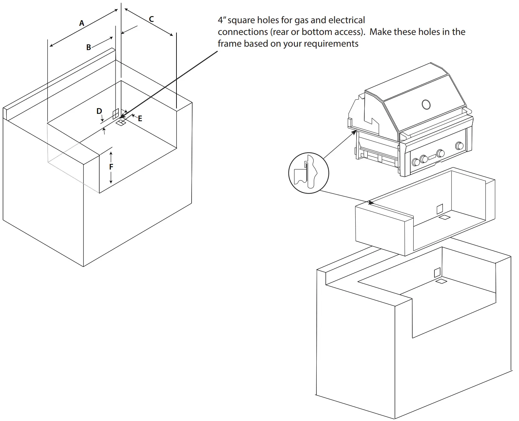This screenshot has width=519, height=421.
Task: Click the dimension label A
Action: point(82,23)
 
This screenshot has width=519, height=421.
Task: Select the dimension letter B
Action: point(89,47)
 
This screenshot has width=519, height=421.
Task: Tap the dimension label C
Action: point(151,19)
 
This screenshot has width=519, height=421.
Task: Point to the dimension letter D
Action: point(99,111)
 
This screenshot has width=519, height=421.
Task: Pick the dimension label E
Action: point(140,119)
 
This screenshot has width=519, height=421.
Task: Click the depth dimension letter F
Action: point(111,167)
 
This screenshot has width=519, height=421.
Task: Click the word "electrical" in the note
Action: point(347,20)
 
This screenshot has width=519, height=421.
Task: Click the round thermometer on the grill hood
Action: point(426,104)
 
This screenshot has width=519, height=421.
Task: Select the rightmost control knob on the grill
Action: point(459,146)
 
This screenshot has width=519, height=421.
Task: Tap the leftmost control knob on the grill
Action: point(416,162)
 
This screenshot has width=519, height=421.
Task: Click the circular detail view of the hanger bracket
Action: point(308,173)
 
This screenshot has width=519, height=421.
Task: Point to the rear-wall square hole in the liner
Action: point(439,209)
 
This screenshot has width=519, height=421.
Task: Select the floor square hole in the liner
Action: point(445,218)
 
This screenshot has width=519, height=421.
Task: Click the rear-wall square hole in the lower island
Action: point(437,272)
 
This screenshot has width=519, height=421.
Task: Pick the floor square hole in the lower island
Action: point(441,281)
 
